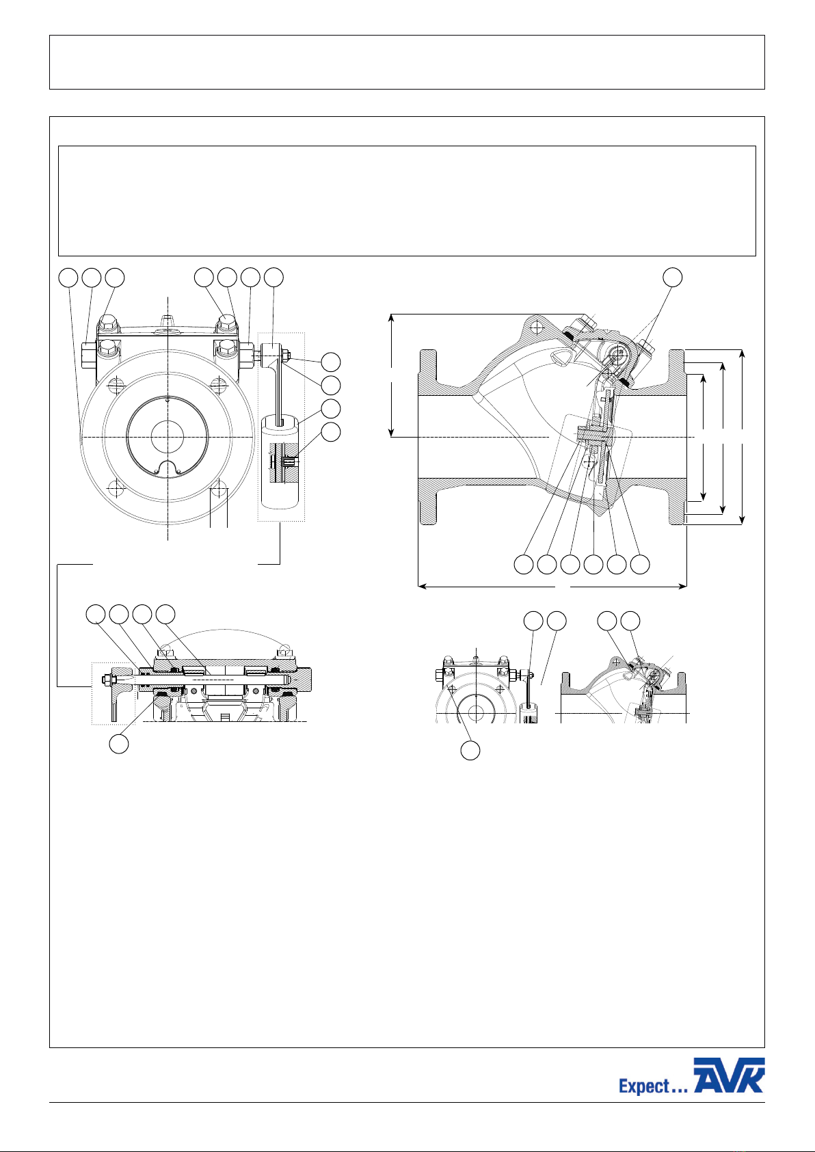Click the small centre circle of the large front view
click(167, 437)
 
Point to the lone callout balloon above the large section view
click(672, 277)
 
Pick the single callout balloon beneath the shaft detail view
click(119, 744)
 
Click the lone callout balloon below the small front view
click(470, 751)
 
